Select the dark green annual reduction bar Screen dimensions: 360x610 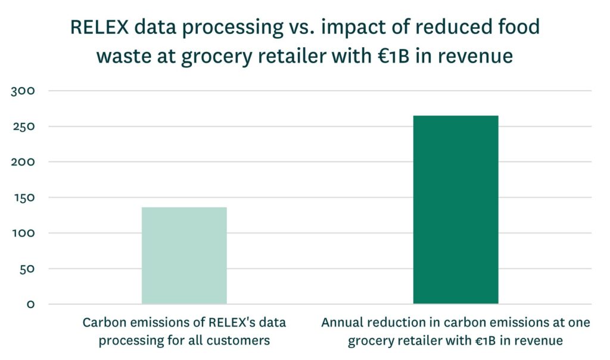coord(455,209)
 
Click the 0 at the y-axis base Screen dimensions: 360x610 coord(31,305)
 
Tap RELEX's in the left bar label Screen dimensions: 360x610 coord(227,322)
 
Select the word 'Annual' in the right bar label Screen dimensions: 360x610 coord(342,322)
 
